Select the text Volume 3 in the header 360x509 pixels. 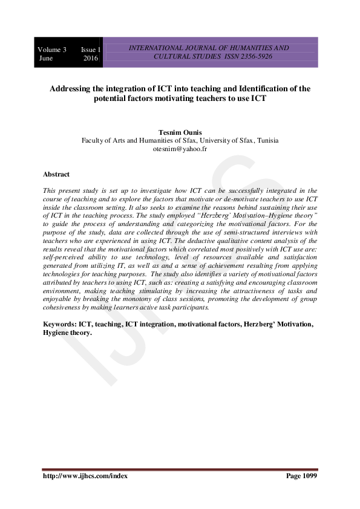(x=53, y=49)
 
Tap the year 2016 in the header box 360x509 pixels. (x=91, y=58)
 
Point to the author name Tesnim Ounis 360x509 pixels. (x=180, y=131)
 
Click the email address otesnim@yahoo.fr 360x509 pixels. (x=180, y=148)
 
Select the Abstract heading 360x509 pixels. (x=56, y=174)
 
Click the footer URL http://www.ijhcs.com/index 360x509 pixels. (x=85, y=476)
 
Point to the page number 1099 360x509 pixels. (x=309, y=476)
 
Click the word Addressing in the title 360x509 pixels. (x=71, y=88)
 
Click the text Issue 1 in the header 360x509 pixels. (x=91, y=49)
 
